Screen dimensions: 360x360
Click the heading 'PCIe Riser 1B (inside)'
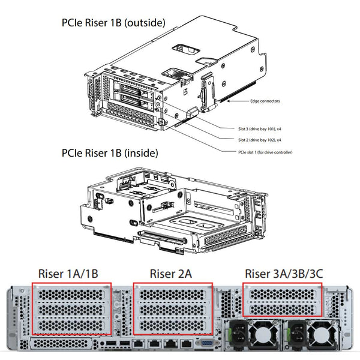click(110, 153)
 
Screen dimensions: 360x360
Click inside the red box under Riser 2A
click(172, 309)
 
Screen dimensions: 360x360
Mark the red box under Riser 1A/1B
click(71, 309)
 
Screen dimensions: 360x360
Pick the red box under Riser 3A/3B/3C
click(283, 301)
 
